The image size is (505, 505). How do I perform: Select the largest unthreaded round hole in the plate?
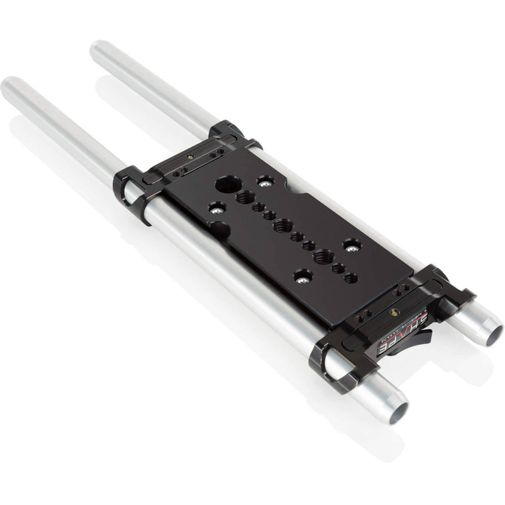pos(224,186)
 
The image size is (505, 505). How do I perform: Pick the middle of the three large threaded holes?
pos(283,224)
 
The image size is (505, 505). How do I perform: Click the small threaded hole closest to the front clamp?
pos(351,278)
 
